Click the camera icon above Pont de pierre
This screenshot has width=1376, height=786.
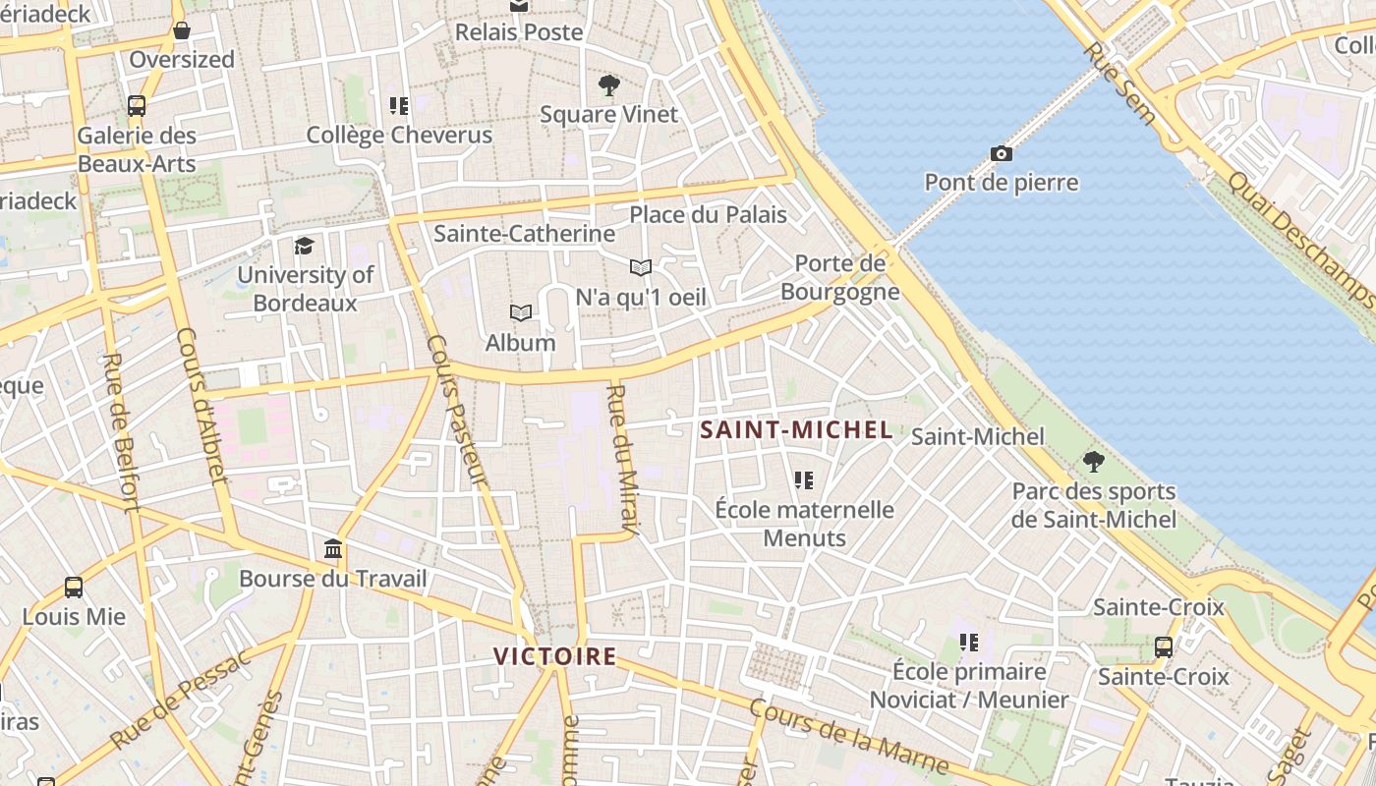coord(1002,153)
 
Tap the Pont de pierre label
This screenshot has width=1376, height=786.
coord(1002,183)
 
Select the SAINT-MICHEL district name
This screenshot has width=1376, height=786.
coord(796,429)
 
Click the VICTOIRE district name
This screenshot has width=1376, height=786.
coord(555,656)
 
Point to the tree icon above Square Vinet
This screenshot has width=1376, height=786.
coord(609,85)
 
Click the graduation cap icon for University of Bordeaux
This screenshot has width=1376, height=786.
coord(305,246)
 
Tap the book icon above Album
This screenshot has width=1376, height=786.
coord(521,313)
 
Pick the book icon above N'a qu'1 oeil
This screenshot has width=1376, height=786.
coord(641,267)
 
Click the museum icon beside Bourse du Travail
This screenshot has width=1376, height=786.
coord(333,548)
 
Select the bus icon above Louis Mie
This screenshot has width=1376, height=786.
coord(74,588)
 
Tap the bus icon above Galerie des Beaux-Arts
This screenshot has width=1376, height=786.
coord(137,106)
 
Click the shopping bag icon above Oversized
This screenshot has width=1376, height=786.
coord(182,30)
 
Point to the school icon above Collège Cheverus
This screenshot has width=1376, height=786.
coord(399,105)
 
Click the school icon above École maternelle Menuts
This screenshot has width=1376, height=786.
coord(804,480)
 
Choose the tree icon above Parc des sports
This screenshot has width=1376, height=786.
coord(1093,462)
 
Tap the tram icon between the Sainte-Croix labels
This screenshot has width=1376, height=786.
coord(1164,647)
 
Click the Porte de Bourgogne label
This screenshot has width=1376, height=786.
coord(840,278)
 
